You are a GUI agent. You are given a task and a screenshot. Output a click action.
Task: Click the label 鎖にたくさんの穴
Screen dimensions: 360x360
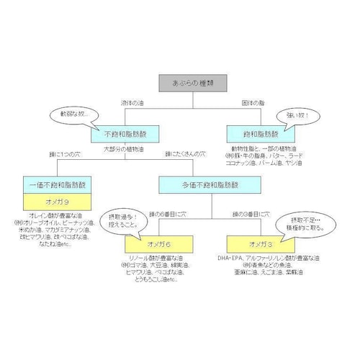click(x=185, y=155)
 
